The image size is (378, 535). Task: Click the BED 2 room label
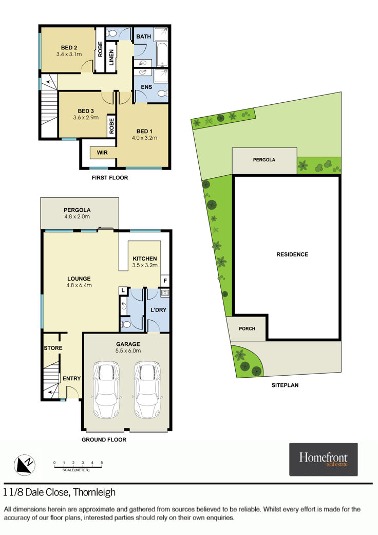pyautogui.click(x=69, y=48)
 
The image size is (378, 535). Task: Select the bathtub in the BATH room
pyautogui.click(x=162, y=55)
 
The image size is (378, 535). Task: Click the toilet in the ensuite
pyautogui.click(x=163, y=94)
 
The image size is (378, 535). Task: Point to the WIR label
pyautogui.click(x=102, y=153)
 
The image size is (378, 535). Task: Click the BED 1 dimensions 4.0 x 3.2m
pyautogui.click(x=144, y=138)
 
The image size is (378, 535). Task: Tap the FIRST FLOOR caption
pyautogui.click(x=110, y=177)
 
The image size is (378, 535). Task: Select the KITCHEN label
pyautogui.click(x=145, y=259)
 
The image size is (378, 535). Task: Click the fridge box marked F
pyautogui.click(x=165, y=281)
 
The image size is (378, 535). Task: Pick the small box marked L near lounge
pyautogui.click(x=123, y=291)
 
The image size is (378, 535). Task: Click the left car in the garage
pyautogui.click(x=107, y=390)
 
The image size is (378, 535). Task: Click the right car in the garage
pyautogui.click(x=147, y=390)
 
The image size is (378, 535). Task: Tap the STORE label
pyautogui.click(x=53, y=348)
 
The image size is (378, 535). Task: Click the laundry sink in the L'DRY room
pyautogui.click(x=165, y=292)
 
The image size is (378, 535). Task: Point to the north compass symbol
pyautogui.click(x=25, y=465)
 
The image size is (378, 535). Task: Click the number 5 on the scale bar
pyautogui.click(x=102, y=463)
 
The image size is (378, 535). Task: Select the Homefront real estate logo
pyautogui.click(x=324, y=459)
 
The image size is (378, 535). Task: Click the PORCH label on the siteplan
pyautogui.click(x=247, y=328)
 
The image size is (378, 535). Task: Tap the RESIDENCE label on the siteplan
pyautogui.click(x=292, y=254)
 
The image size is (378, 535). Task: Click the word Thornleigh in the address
pyautogui.click(x=94, y=493)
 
